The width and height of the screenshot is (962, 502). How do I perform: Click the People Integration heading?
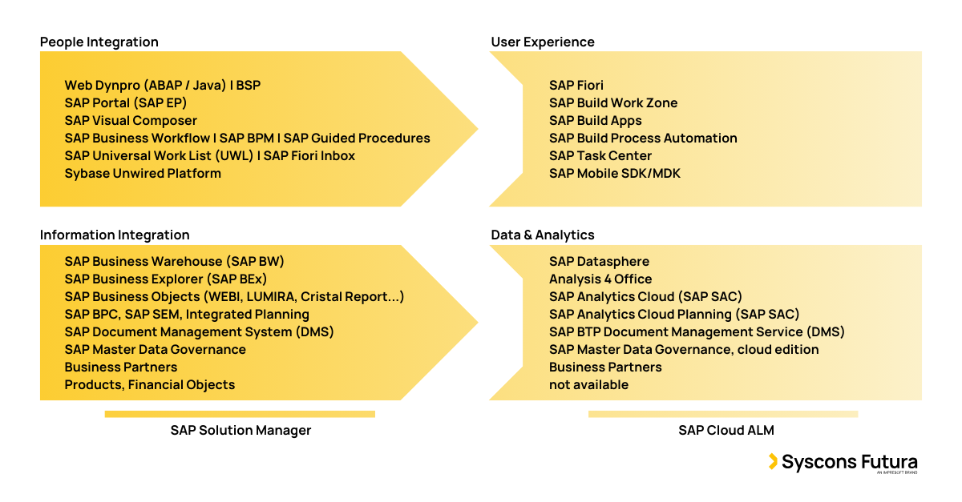click(x=99, y=42)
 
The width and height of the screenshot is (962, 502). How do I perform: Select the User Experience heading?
click(x=543, y=42)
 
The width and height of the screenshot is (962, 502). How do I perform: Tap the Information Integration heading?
click(x=115, y=235)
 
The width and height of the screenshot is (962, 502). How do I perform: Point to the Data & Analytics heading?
click(x=543, y=235)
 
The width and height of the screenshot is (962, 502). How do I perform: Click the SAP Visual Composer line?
click(x=131, y=121)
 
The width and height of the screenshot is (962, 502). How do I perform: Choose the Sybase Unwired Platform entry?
click(x=143, y=174)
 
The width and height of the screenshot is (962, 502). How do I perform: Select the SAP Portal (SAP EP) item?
click(x=126, y=103)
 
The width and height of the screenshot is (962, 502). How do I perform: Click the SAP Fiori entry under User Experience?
click(x=576, y=86)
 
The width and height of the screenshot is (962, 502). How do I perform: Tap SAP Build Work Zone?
click(x=613, y=103)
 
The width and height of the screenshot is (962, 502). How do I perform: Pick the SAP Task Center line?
click(x=600, y=156)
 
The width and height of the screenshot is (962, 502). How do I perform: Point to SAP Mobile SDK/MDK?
click(x=615, y=174)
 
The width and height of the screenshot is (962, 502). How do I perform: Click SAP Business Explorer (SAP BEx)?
click(x=166, y=279)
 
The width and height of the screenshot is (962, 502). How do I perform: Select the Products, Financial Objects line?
click(x=150, y=385)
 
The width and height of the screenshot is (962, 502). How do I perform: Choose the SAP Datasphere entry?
click(x=599, y=262)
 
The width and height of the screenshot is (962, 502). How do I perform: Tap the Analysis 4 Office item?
click(x=600, y=279)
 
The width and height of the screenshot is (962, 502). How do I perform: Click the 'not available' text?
click(x=588, y=385)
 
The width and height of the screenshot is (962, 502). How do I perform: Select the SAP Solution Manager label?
click(x=240, y=431)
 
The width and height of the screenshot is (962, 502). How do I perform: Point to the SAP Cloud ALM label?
click(x=726, y=431)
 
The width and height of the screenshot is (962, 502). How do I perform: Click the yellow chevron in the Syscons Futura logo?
click(x=773, y=461)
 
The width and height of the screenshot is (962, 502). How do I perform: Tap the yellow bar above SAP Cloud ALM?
click(x=723, y=414)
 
